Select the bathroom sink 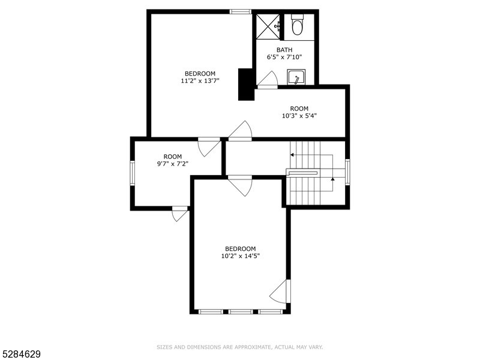(296, 78)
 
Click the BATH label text (284, 50)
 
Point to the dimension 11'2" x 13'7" (200, 80)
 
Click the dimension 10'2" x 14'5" (240, 256)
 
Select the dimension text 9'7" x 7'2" (172, 163)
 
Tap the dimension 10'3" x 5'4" (299, 116)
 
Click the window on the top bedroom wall (241, 11)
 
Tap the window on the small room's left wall (133, 172)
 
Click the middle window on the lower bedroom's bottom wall (241, 311)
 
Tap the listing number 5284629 (20, 355)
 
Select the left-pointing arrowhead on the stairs (292, 155)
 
